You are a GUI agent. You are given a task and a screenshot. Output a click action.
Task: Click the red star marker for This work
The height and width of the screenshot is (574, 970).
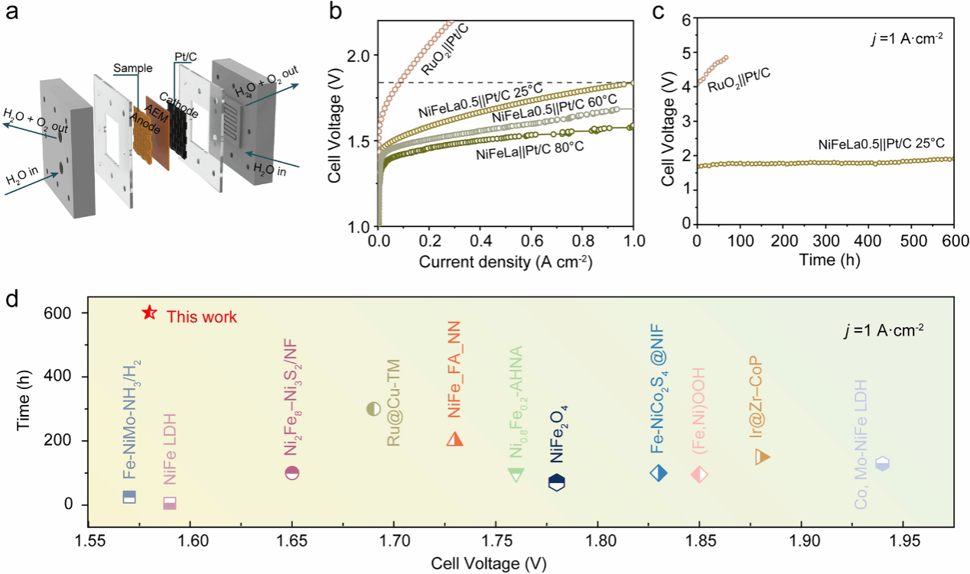tap(150, 313)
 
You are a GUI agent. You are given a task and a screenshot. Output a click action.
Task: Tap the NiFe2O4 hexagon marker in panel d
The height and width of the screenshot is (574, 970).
tap(557, 482)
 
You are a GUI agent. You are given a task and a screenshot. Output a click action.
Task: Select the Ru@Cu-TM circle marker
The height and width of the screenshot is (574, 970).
tap(374, 408)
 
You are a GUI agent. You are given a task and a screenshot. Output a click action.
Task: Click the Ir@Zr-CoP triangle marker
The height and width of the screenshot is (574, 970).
tap(762, 456)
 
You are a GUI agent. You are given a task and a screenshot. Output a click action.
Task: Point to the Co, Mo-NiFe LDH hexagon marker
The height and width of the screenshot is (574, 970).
tap(882, 463)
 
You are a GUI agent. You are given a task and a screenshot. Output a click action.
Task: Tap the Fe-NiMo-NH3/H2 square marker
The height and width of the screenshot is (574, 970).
tap(129, 496)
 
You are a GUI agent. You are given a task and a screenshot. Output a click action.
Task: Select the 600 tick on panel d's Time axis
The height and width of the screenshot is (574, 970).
tap(63, 313)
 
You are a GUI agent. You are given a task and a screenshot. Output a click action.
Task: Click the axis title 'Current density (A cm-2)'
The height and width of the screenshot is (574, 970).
tap(507, 263)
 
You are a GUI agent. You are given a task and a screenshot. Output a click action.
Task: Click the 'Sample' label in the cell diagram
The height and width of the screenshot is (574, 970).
tap(129, 67)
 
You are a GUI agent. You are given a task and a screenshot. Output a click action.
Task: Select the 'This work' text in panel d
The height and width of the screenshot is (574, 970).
tap(202, 316)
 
